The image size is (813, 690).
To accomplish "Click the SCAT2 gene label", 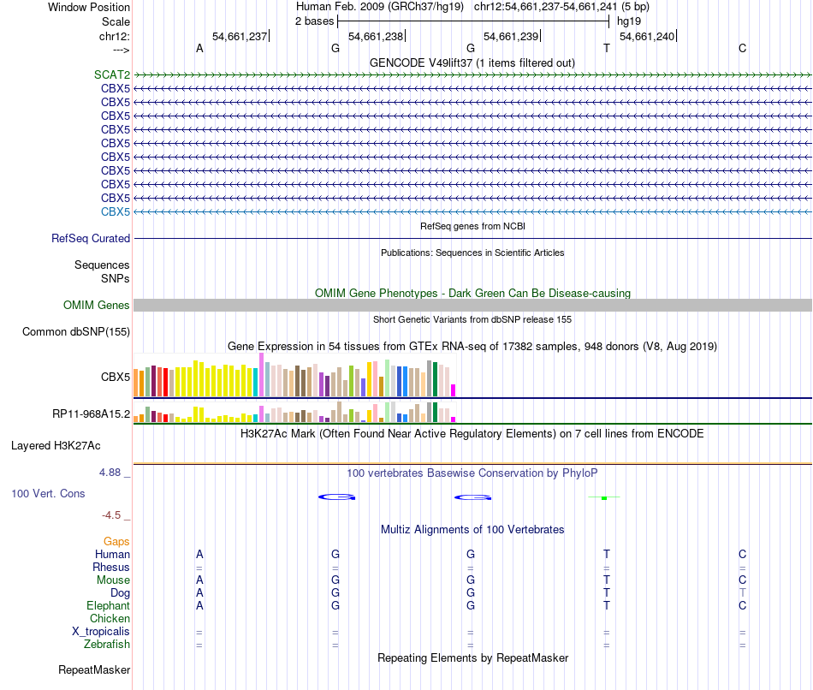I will point(112,74).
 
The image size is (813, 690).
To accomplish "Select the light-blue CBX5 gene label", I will point(116,211).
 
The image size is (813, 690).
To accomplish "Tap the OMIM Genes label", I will point(97,306).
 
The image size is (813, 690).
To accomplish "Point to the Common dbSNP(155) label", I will point(76,332).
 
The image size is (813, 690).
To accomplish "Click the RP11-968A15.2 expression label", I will point(91,414).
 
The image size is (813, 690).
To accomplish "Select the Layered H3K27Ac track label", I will point(56,446).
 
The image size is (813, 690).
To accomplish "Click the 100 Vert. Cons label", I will point(48,494).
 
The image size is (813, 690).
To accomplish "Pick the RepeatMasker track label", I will point(94,669).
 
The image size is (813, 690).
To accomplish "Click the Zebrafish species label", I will point(108,645).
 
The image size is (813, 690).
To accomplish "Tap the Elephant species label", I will point(108,606).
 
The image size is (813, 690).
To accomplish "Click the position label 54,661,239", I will point(511,36).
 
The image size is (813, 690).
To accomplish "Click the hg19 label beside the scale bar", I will point(629,21).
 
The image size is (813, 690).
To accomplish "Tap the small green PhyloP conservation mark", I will point(604,497).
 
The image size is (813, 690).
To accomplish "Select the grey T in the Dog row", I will point(743,593).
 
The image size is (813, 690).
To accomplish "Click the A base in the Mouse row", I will point(199,580).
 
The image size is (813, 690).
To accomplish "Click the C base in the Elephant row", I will point(743,606).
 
